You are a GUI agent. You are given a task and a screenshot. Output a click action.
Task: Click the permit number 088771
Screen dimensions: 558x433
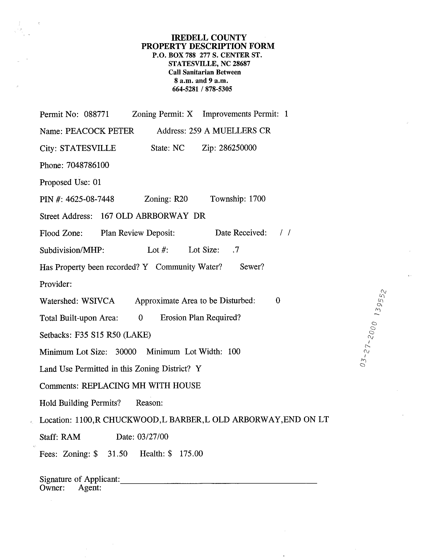pos(96,114)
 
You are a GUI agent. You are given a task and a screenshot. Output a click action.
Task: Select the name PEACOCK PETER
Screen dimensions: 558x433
pos(99,131)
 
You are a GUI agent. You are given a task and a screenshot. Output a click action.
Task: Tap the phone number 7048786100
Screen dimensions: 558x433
pos(88,165)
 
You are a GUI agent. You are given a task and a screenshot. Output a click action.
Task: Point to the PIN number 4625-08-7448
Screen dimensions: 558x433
pos(90,199)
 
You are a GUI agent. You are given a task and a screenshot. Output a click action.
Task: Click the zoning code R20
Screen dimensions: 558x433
pos(181,199)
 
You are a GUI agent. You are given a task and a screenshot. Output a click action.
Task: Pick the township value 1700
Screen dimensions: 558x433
pos(257,199)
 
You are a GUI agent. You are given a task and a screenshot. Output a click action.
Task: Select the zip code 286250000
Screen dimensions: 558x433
pos(238,148)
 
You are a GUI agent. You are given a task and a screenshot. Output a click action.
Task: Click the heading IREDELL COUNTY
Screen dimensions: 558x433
pos(209,38)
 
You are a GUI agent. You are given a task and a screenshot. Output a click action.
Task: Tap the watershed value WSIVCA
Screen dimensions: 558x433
pos(98,301)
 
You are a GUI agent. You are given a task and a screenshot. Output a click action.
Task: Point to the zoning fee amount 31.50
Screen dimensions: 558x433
pos(117,454)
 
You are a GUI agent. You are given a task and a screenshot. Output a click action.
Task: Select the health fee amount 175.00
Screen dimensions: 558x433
pos(191,454)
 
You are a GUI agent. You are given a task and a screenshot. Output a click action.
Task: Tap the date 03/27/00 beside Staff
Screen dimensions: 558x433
pos(153,437)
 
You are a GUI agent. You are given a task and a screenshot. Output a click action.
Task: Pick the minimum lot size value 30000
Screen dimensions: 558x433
pos(126,352)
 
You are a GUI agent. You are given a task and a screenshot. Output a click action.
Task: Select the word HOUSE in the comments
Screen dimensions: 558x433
pos(187,386)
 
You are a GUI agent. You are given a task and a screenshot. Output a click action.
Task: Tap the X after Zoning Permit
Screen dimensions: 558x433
pos(189,114)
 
